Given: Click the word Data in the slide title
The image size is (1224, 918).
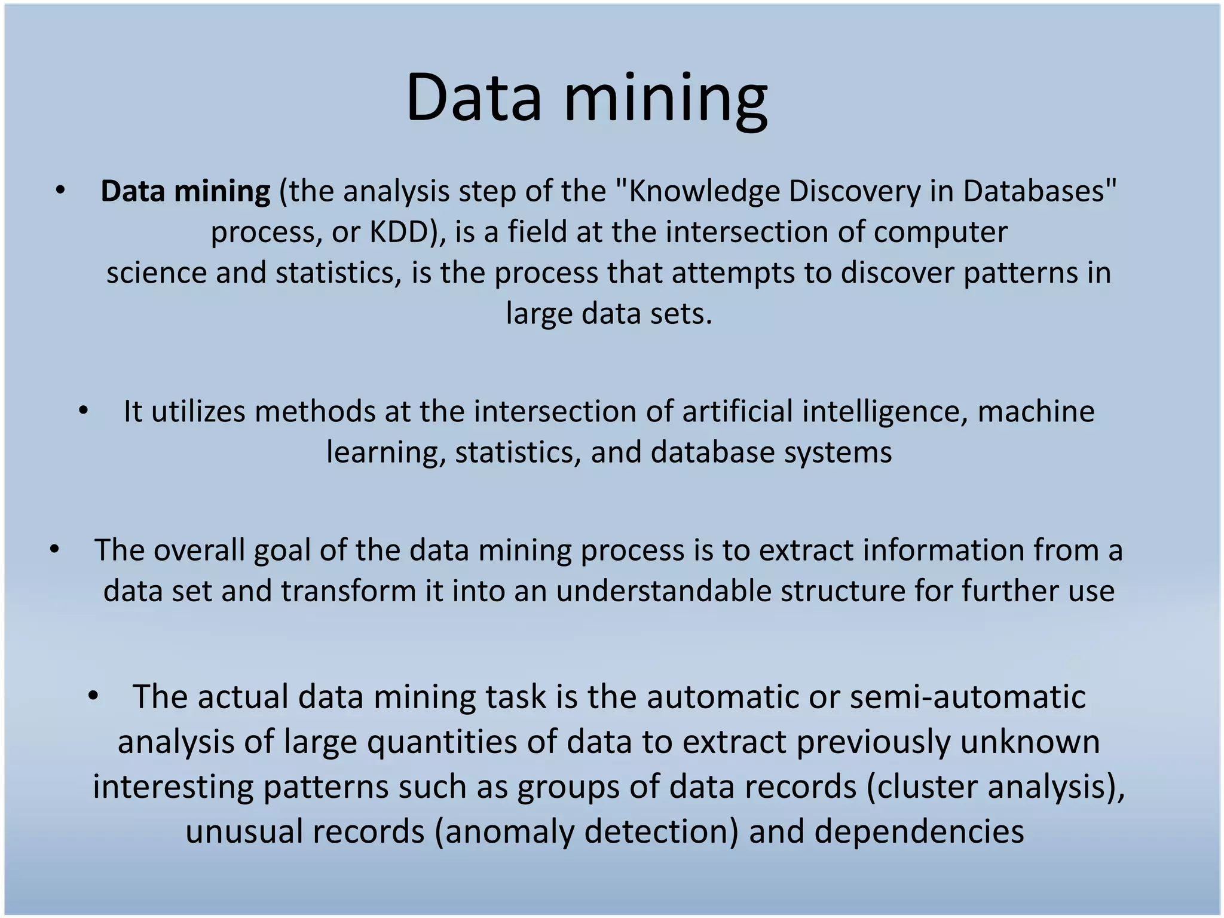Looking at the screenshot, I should coord(473,97).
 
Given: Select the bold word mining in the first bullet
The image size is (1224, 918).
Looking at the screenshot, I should coord(222,192).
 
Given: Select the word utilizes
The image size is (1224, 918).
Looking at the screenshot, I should coord(198,412).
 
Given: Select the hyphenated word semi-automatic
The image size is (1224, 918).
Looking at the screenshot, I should coord(967,697).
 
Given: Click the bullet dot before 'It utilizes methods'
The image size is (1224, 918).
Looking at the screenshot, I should coord(83,411).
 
